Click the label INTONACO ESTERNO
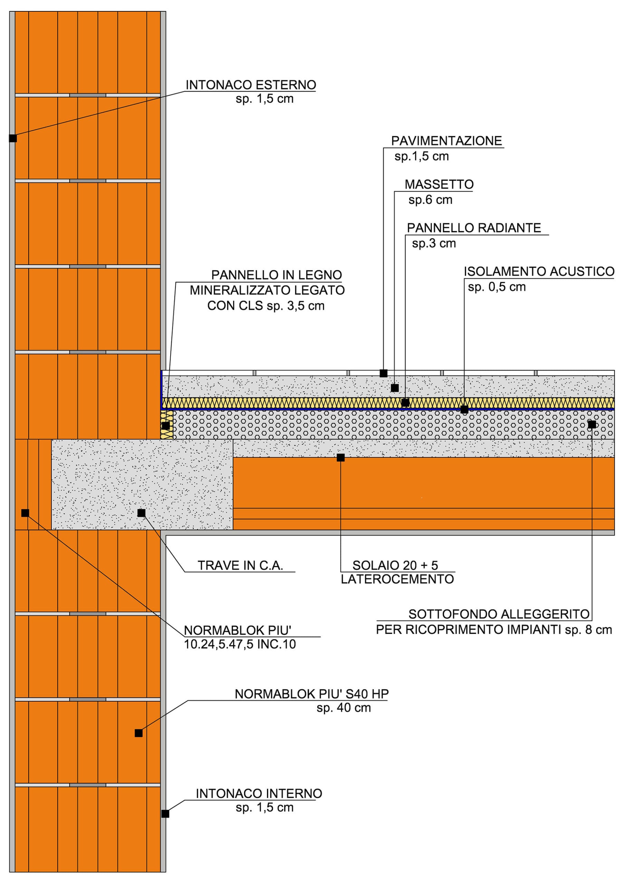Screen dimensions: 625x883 click(x=251, y=85)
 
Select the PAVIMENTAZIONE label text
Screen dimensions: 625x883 click(x=446, y=141)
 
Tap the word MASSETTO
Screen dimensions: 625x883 click(x=439, y=185)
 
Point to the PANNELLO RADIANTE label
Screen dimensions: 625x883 click(x=474, y=228)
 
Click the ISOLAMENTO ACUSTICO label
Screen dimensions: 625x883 click(x=539, y=271)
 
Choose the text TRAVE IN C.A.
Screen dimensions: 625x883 click(x=240, y=565)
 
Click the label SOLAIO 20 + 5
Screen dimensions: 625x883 click(x=395, y=565)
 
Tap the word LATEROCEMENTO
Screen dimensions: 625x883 click(x=397, y=579)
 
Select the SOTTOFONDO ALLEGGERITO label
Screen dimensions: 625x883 click(x=499, y=614)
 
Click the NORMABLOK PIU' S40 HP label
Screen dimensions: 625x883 click(x=311, y=694)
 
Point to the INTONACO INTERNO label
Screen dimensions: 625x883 click(x=259, y=793)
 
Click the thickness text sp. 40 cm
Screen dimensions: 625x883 click(x=344, y=708)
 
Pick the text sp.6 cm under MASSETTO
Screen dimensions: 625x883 click(x=430, y=200)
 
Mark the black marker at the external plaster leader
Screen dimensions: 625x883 click(x=13, y=138)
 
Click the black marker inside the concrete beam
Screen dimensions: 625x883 click(x=141, y=513)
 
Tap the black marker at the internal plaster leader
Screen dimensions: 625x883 click(x=165, y=814)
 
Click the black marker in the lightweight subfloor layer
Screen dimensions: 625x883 click(x=592, y=425)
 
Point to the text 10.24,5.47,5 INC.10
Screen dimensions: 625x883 click(x=240, y=644)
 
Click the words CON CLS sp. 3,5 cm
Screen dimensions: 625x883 click(x=266, y=306)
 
